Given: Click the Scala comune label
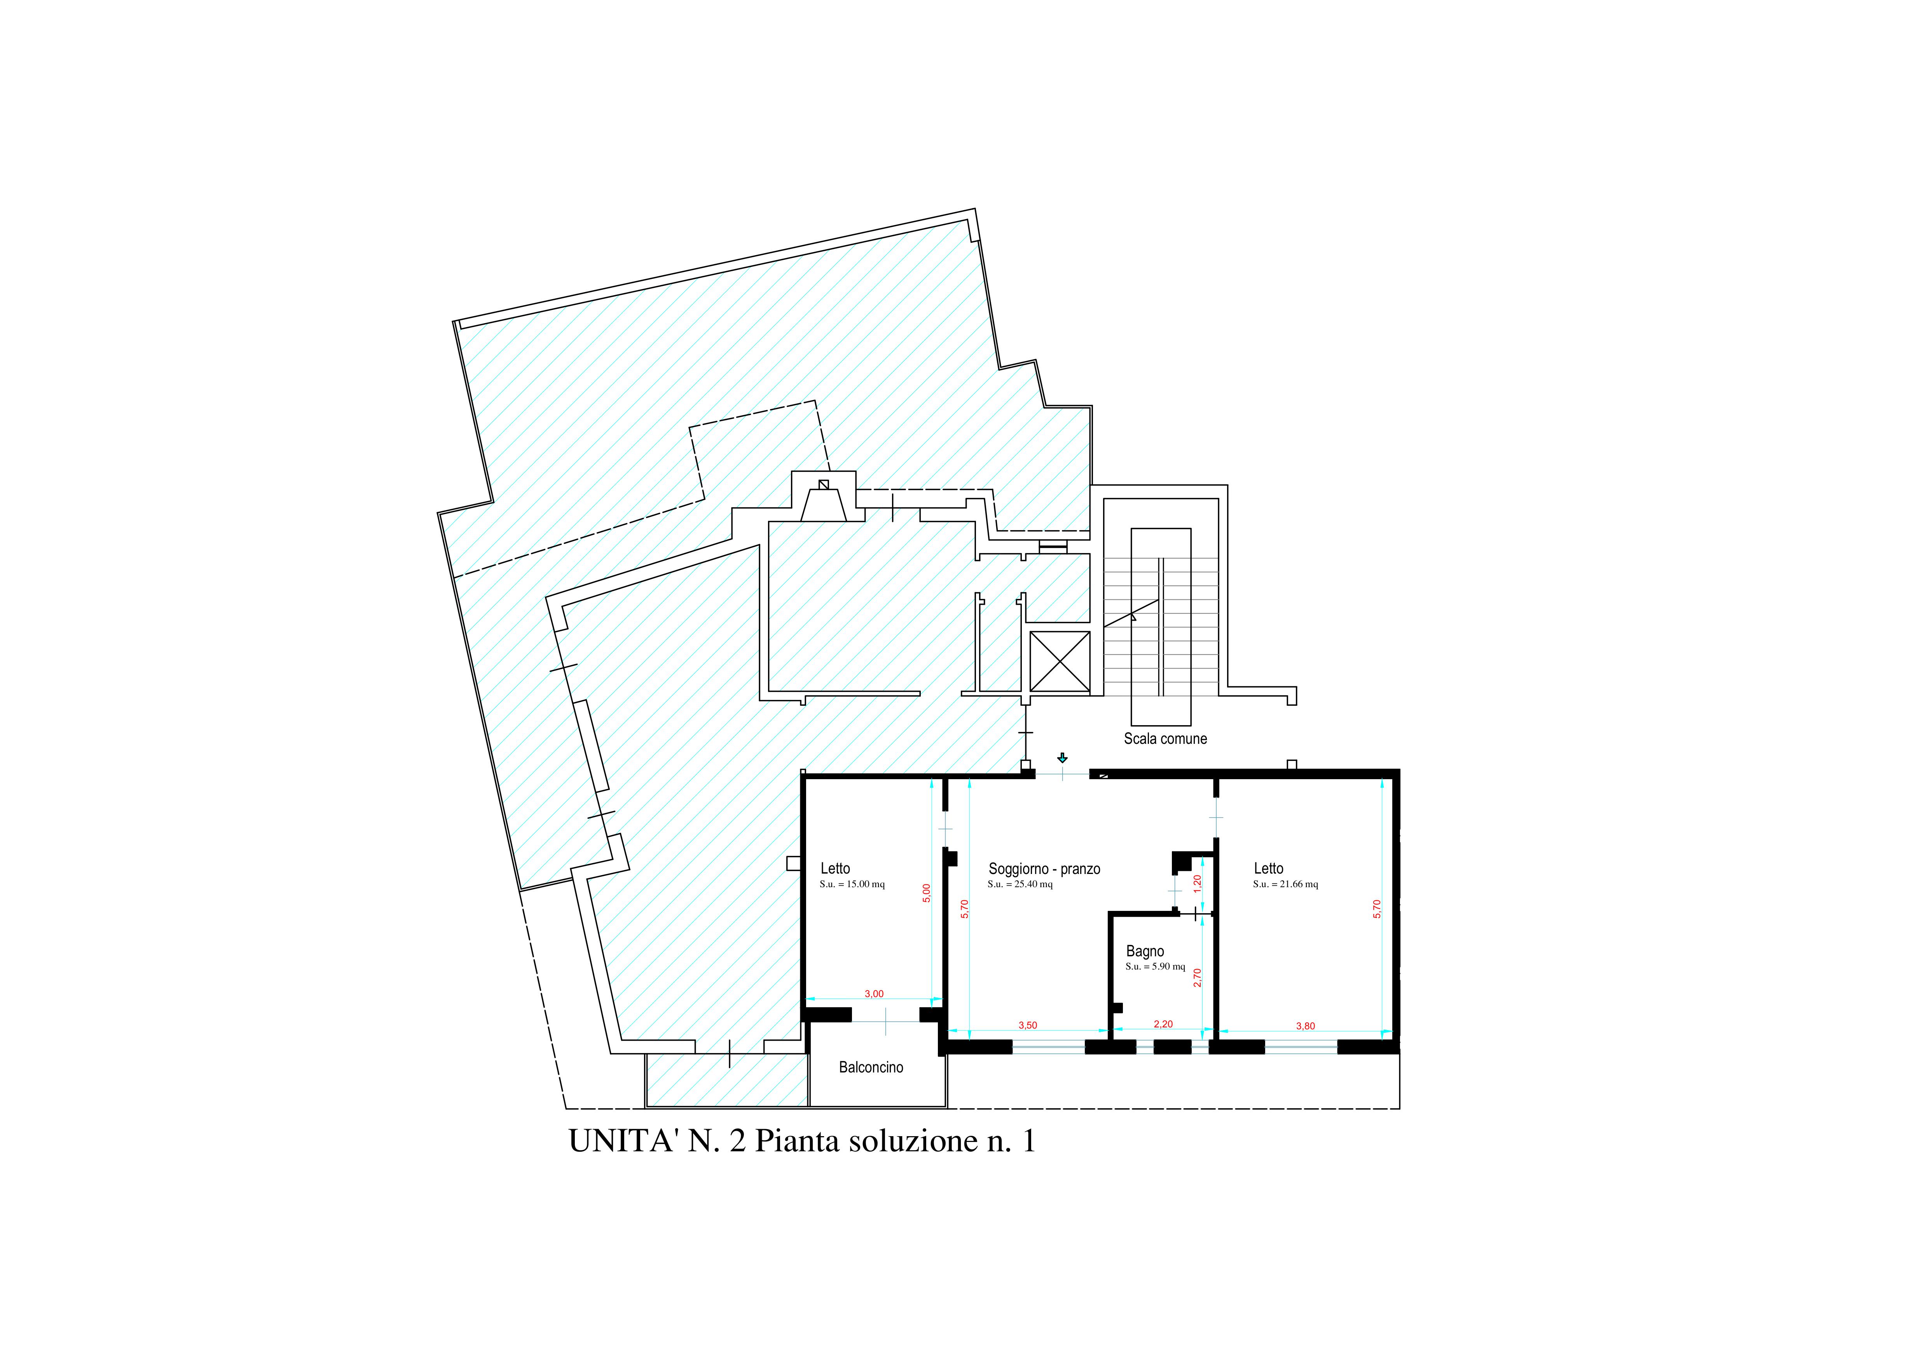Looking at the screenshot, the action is click(1165, 739).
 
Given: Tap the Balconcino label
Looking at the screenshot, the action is click(871, 1067).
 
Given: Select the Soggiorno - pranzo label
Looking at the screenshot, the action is click(1044, 869).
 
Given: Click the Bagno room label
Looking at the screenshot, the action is click(1145, 952).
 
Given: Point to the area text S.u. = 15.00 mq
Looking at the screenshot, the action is click(852, 884).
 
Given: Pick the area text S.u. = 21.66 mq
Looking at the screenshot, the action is click(1285, 884).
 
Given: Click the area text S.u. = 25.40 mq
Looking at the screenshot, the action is click(1020, 884).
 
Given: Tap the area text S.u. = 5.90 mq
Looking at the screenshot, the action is click(1155, 967).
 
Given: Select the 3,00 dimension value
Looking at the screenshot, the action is click(874, 994).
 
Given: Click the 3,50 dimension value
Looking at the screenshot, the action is click(1028, 1025).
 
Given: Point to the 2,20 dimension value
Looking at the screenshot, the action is click(1163, 1025).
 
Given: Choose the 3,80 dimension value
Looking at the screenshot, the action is click(1306, 1026).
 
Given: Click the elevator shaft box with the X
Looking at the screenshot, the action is click(1060, 662).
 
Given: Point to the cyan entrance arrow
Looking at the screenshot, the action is click(1062, 758).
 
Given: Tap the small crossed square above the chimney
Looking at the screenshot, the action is click(824, 485).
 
